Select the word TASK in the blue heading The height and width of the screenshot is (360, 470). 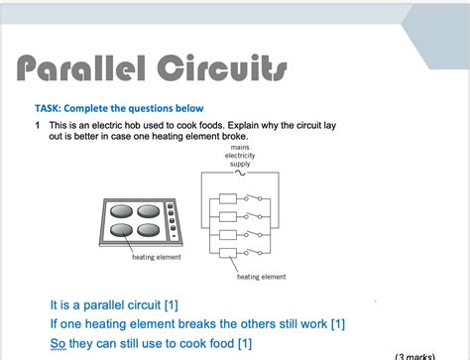(x=52, y=108)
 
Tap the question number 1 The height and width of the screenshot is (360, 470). (x=37, y=127)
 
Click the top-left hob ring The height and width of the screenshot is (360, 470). (x=122, y=212)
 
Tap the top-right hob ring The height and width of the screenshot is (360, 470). (x=150, y=212)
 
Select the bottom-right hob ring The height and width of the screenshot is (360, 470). (x=150, y=231)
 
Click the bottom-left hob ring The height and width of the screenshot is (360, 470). (x=122, y=231)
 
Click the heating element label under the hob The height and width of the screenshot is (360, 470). (x=156, y=258)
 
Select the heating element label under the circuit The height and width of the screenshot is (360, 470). (x=261, y=277)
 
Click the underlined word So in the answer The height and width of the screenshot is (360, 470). (x=58, y=343)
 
